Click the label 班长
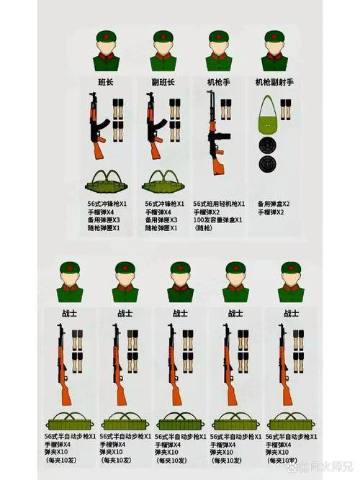click(x=106, y=82)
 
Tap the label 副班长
click(x=163, y=82)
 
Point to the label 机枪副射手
click(x=274, y=82)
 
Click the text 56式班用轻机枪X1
click(x=219, y=204)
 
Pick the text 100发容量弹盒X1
click(x=218, y=220)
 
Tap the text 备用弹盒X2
click(x=274, y=204)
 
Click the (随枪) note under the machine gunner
click(x=204, y=229)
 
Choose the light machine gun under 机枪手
click(x=214, y=137)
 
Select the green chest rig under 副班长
click(x=163, y=180)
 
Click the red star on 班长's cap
click(x=106, y=34)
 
